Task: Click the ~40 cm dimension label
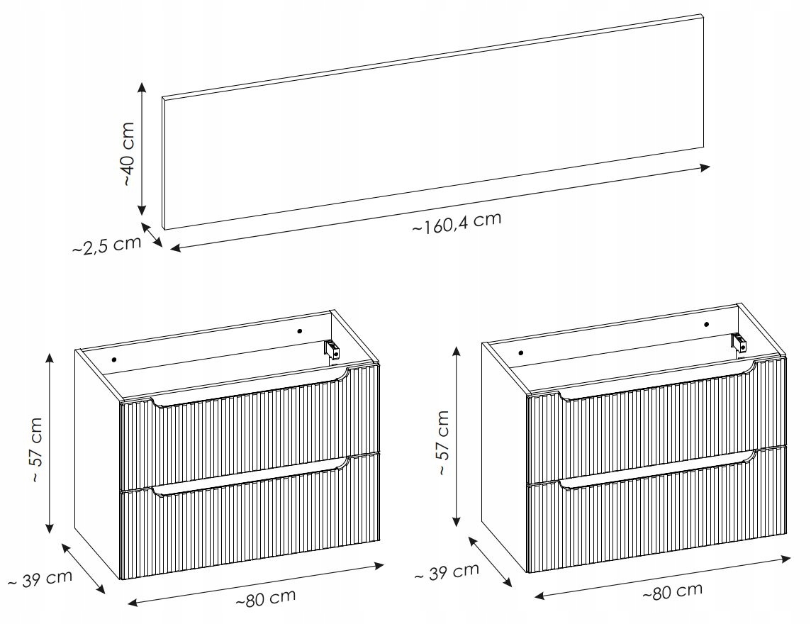[128, 154]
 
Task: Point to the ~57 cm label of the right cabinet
[443, 442]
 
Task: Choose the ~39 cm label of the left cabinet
[40, 579]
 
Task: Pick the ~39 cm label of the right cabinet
[447, 572]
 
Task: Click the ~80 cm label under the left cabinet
[266, 598]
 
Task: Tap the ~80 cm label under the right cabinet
[672, 591]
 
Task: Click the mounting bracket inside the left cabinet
[331, 349]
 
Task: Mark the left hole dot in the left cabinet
[114, 359]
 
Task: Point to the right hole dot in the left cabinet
[299, 330]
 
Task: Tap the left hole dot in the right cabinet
[521, 353]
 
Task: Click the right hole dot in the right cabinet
[707, 325]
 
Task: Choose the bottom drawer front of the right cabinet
[656, 509]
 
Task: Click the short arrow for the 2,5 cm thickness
[152, 235]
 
